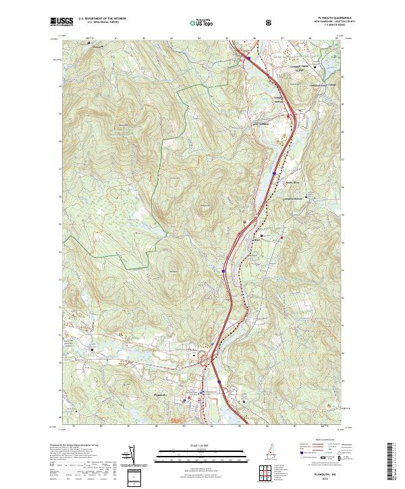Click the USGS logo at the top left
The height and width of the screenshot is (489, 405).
pos(62,22)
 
